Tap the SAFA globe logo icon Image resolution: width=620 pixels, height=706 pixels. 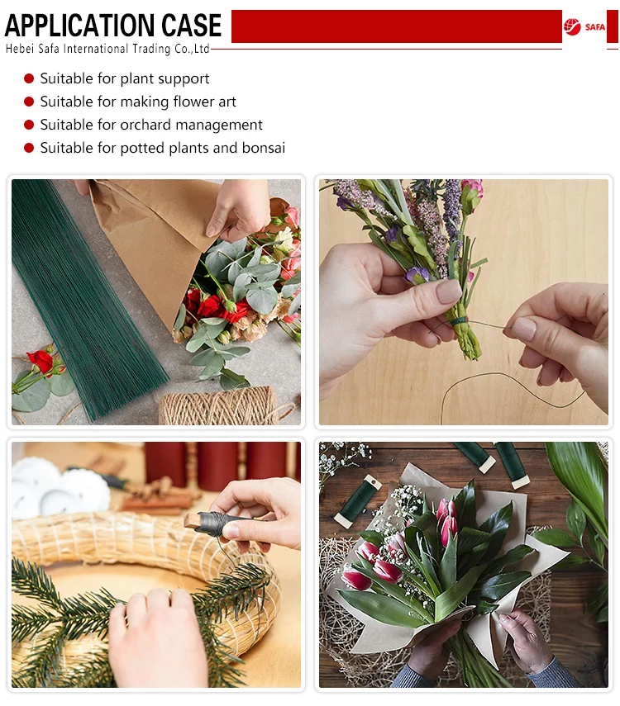(x=572, y=27)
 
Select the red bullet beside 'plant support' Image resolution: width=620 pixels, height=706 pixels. (x=29, y=78)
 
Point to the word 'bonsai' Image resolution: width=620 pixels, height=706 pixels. (x=264, y=148)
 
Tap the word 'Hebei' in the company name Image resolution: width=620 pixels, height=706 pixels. (x=20, y=49)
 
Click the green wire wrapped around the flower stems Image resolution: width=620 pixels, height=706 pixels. (x=460, y=321)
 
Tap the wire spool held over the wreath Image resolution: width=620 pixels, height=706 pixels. (x=217, y=524)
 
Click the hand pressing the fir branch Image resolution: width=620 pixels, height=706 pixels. (x=158, y=639)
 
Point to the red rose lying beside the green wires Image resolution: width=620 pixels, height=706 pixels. (x=41, y=362)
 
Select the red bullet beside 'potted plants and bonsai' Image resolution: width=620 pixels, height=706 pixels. (x=29, y=148)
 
